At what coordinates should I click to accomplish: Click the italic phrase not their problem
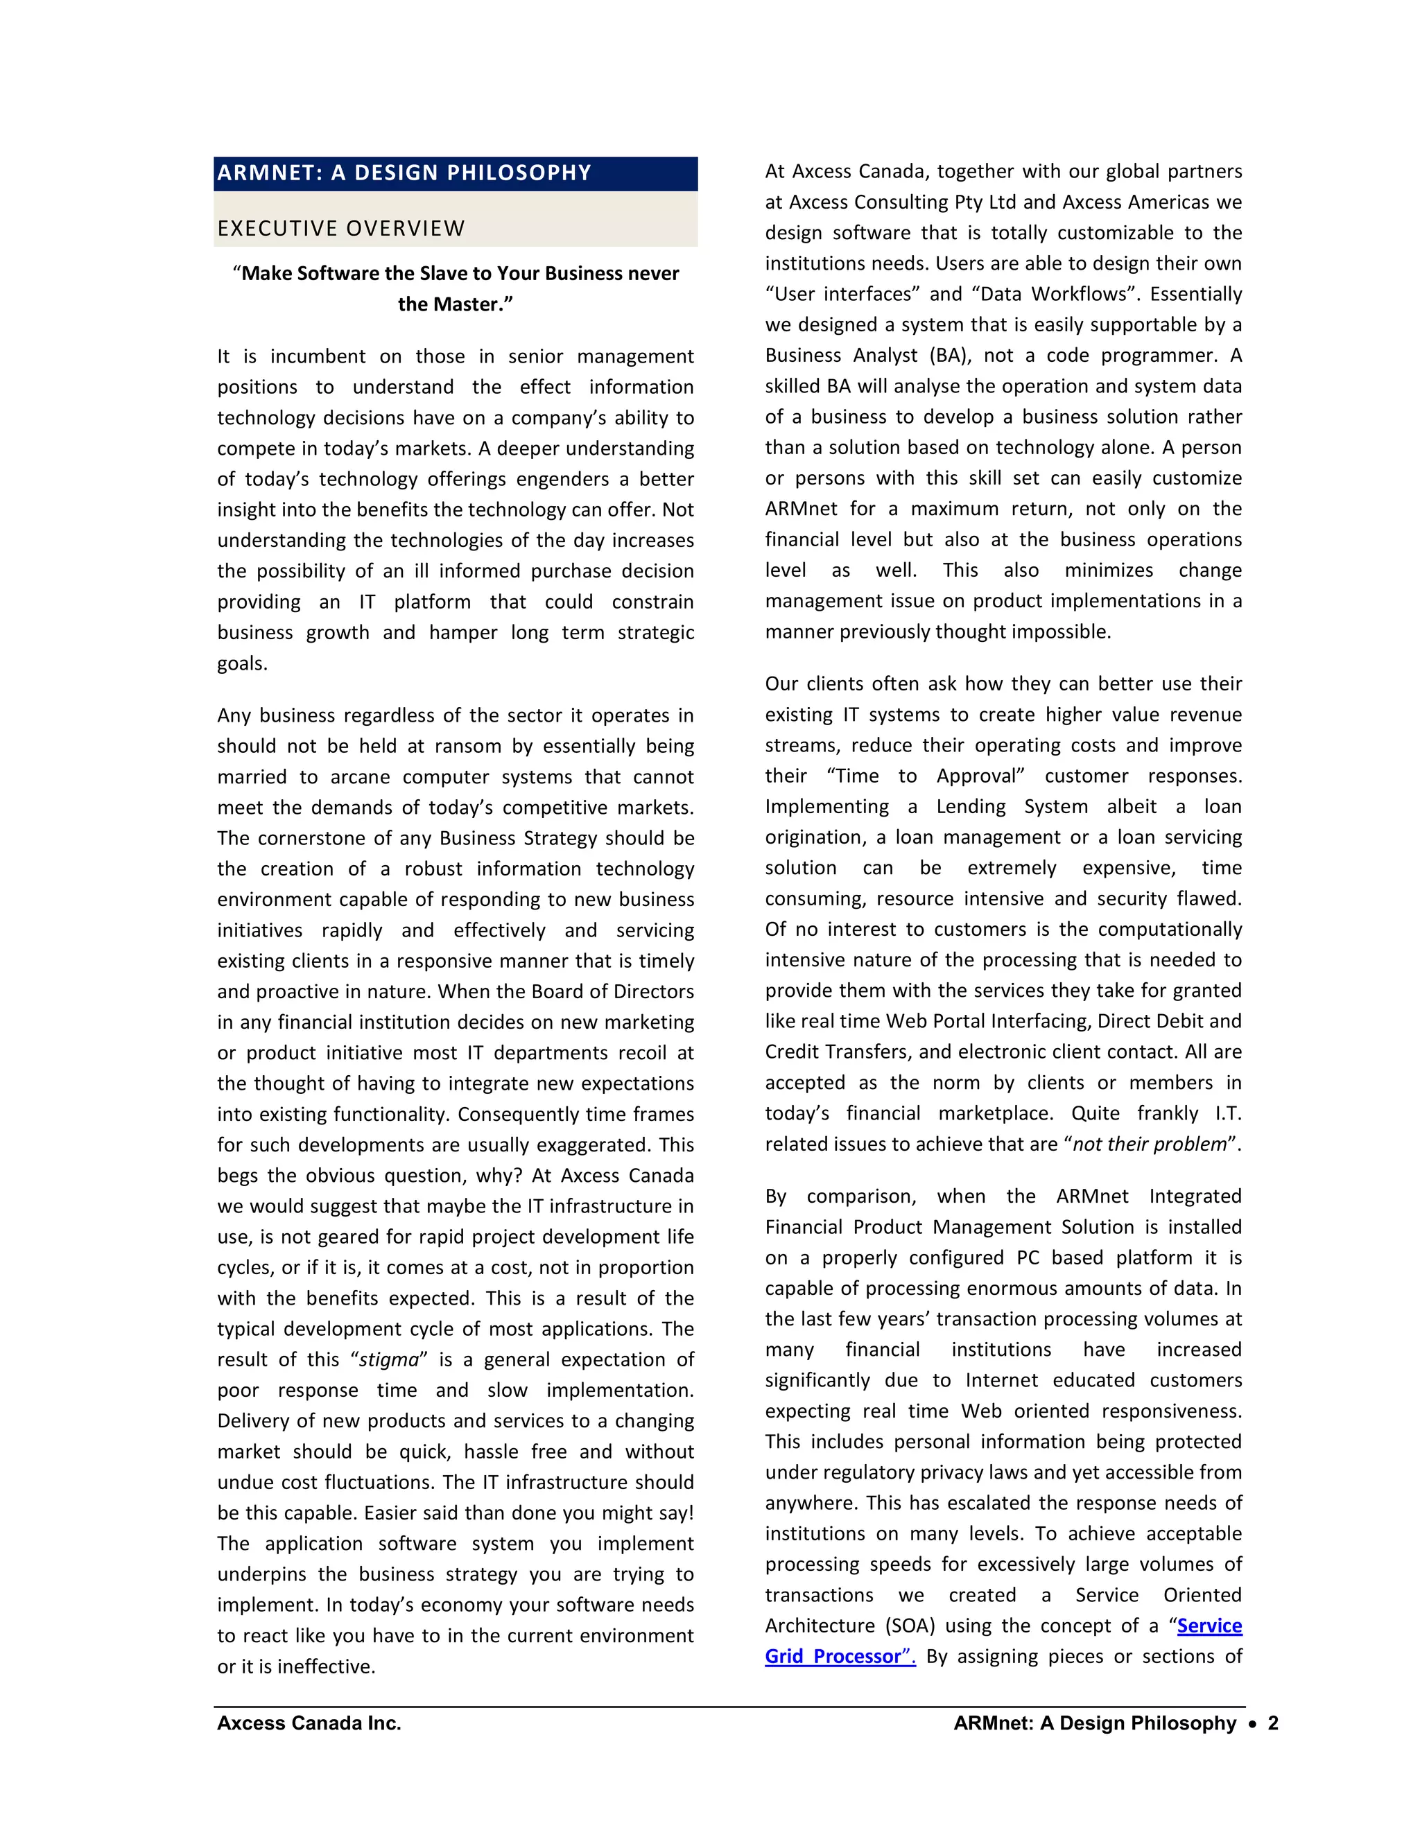(x=1149, y=1144)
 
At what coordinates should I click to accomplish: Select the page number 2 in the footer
(x=1273, y=1723)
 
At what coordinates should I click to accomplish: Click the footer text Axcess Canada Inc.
(x=309, y=1723)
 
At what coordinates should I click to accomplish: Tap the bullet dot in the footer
(x=1253, y=1724)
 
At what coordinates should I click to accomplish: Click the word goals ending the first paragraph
(x=241, y=665)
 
